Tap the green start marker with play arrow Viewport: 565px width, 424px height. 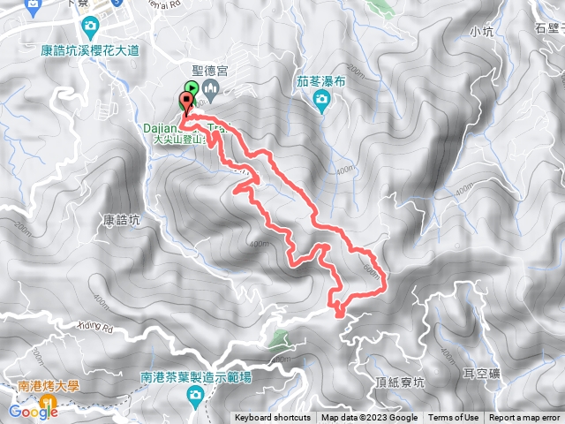[192, 88]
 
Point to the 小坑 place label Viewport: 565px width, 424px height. [482, 33]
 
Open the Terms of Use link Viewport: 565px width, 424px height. [454, 418]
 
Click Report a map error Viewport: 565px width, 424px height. [524, 418]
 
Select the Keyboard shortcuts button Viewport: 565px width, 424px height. [272, 418]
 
